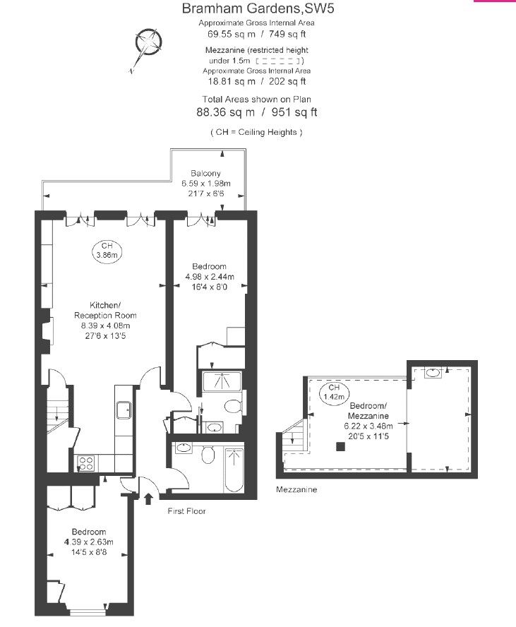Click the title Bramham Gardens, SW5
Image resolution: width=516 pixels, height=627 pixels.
pyautogui.click(x=258, y=8)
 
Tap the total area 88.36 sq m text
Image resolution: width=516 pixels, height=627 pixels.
pyautogui.click(x=225, y=112)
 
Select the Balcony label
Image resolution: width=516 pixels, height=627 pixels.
pyautogui.click(x=205, y=173)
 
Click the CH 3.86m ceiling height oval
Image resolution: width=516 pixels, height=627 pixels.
pyautogui.click(x=107, y=251)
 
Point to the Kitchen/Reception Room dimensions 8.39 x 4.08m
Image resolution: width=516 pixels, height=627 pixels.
pyautogui.click(x=105, y=326)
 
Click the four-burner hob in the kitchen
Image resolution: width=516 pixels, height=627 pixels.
pyautogui.click(x=86, y=463)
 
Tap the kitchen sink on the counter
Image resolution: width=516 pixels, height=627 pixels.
pyautogui.click(x=124, y=410)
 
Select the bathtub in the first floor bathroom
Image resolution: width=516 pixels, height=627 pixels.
pyautogui.click(x=234, y=470)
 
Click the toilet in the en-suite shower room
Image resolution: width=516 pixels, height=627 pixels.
pyautogui.click(x=233, y=407)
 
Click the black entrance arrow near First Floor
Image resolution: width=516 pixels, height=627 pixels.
pyautogui.click(x=148, y=498)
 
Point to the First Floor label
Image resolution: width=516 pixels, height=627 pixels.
pyautogui.click(x=186, y=511)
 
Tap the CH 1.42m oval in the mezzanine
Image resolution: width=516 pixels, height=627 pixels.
pyautogui.click(x=334, y=393)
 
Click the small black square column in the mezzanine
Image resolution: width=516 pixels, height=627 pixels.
pyautogui.click(x=340, y=447)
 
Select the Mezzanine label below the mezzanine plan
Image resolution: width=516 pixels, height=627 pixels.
pyautogui.click(x=296, y=489)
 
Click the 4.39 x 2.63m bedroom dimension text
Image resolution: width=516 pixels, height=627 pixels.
pyautogui.click(x=89, y=542)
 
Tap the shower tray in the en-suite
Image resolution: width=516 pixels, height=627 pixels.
pyautogui.click(x=222, y=381)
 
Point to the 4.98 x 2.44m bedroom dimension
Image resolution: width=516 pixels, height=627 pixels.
pyautogui.click(x=210, y=277)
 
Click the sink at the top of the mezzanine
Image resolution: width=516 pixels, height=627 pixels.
pyautogui.click(x=433, y=373)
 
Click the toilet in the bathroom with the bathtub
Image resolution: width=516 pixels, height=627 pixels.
pyautogui.click(x=208, y=454)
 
